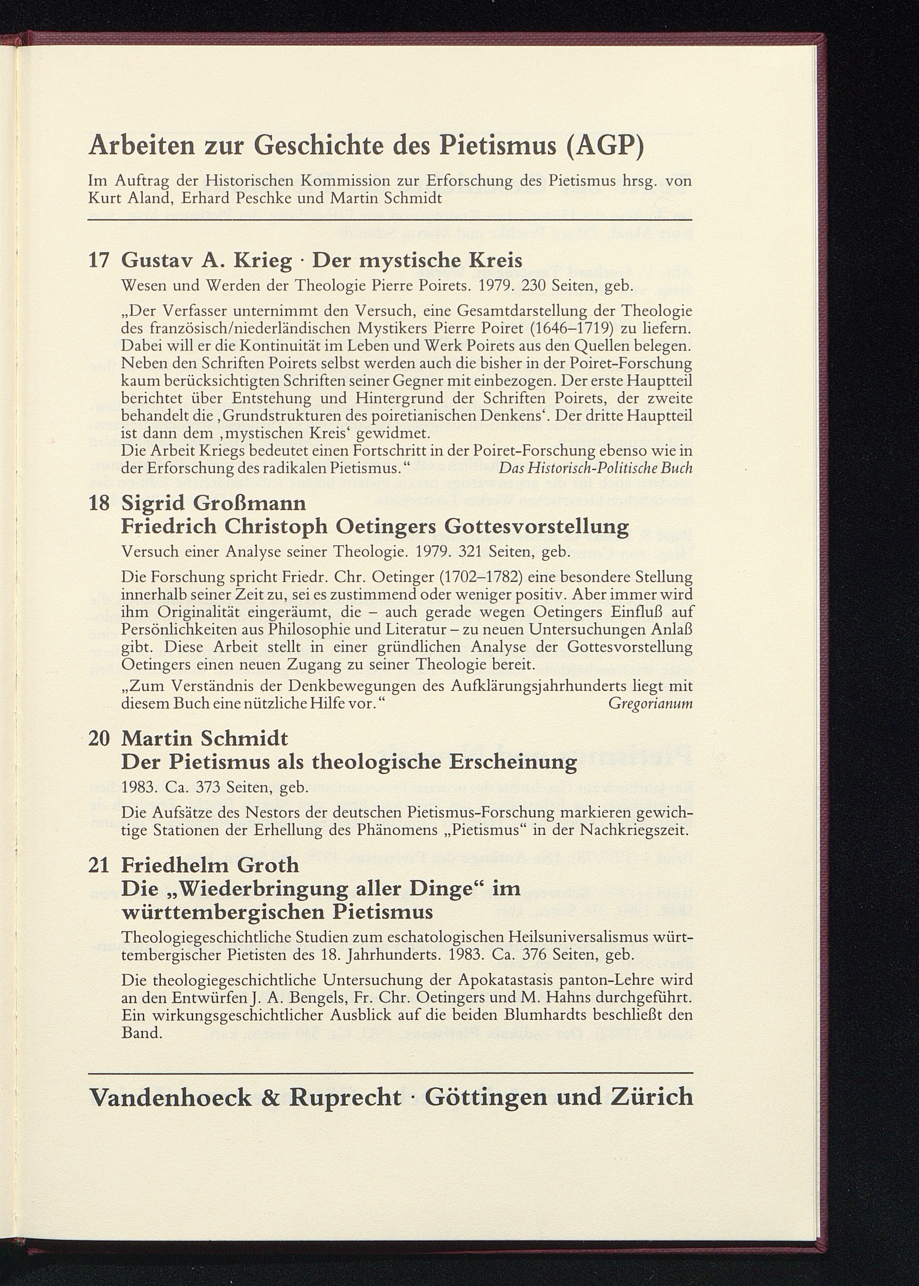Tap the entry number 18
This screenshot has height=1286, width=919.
tap(100, 503)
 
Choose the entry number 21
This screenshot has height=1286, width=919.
tap(100, 865)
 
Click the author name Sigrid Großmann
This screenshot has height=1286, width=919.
tap(213, 503)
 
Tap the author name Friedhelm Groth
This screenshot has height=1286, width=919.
tap(210, 865)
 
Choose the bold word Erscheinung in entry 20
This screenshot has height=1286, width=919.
tap(513, 762)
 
